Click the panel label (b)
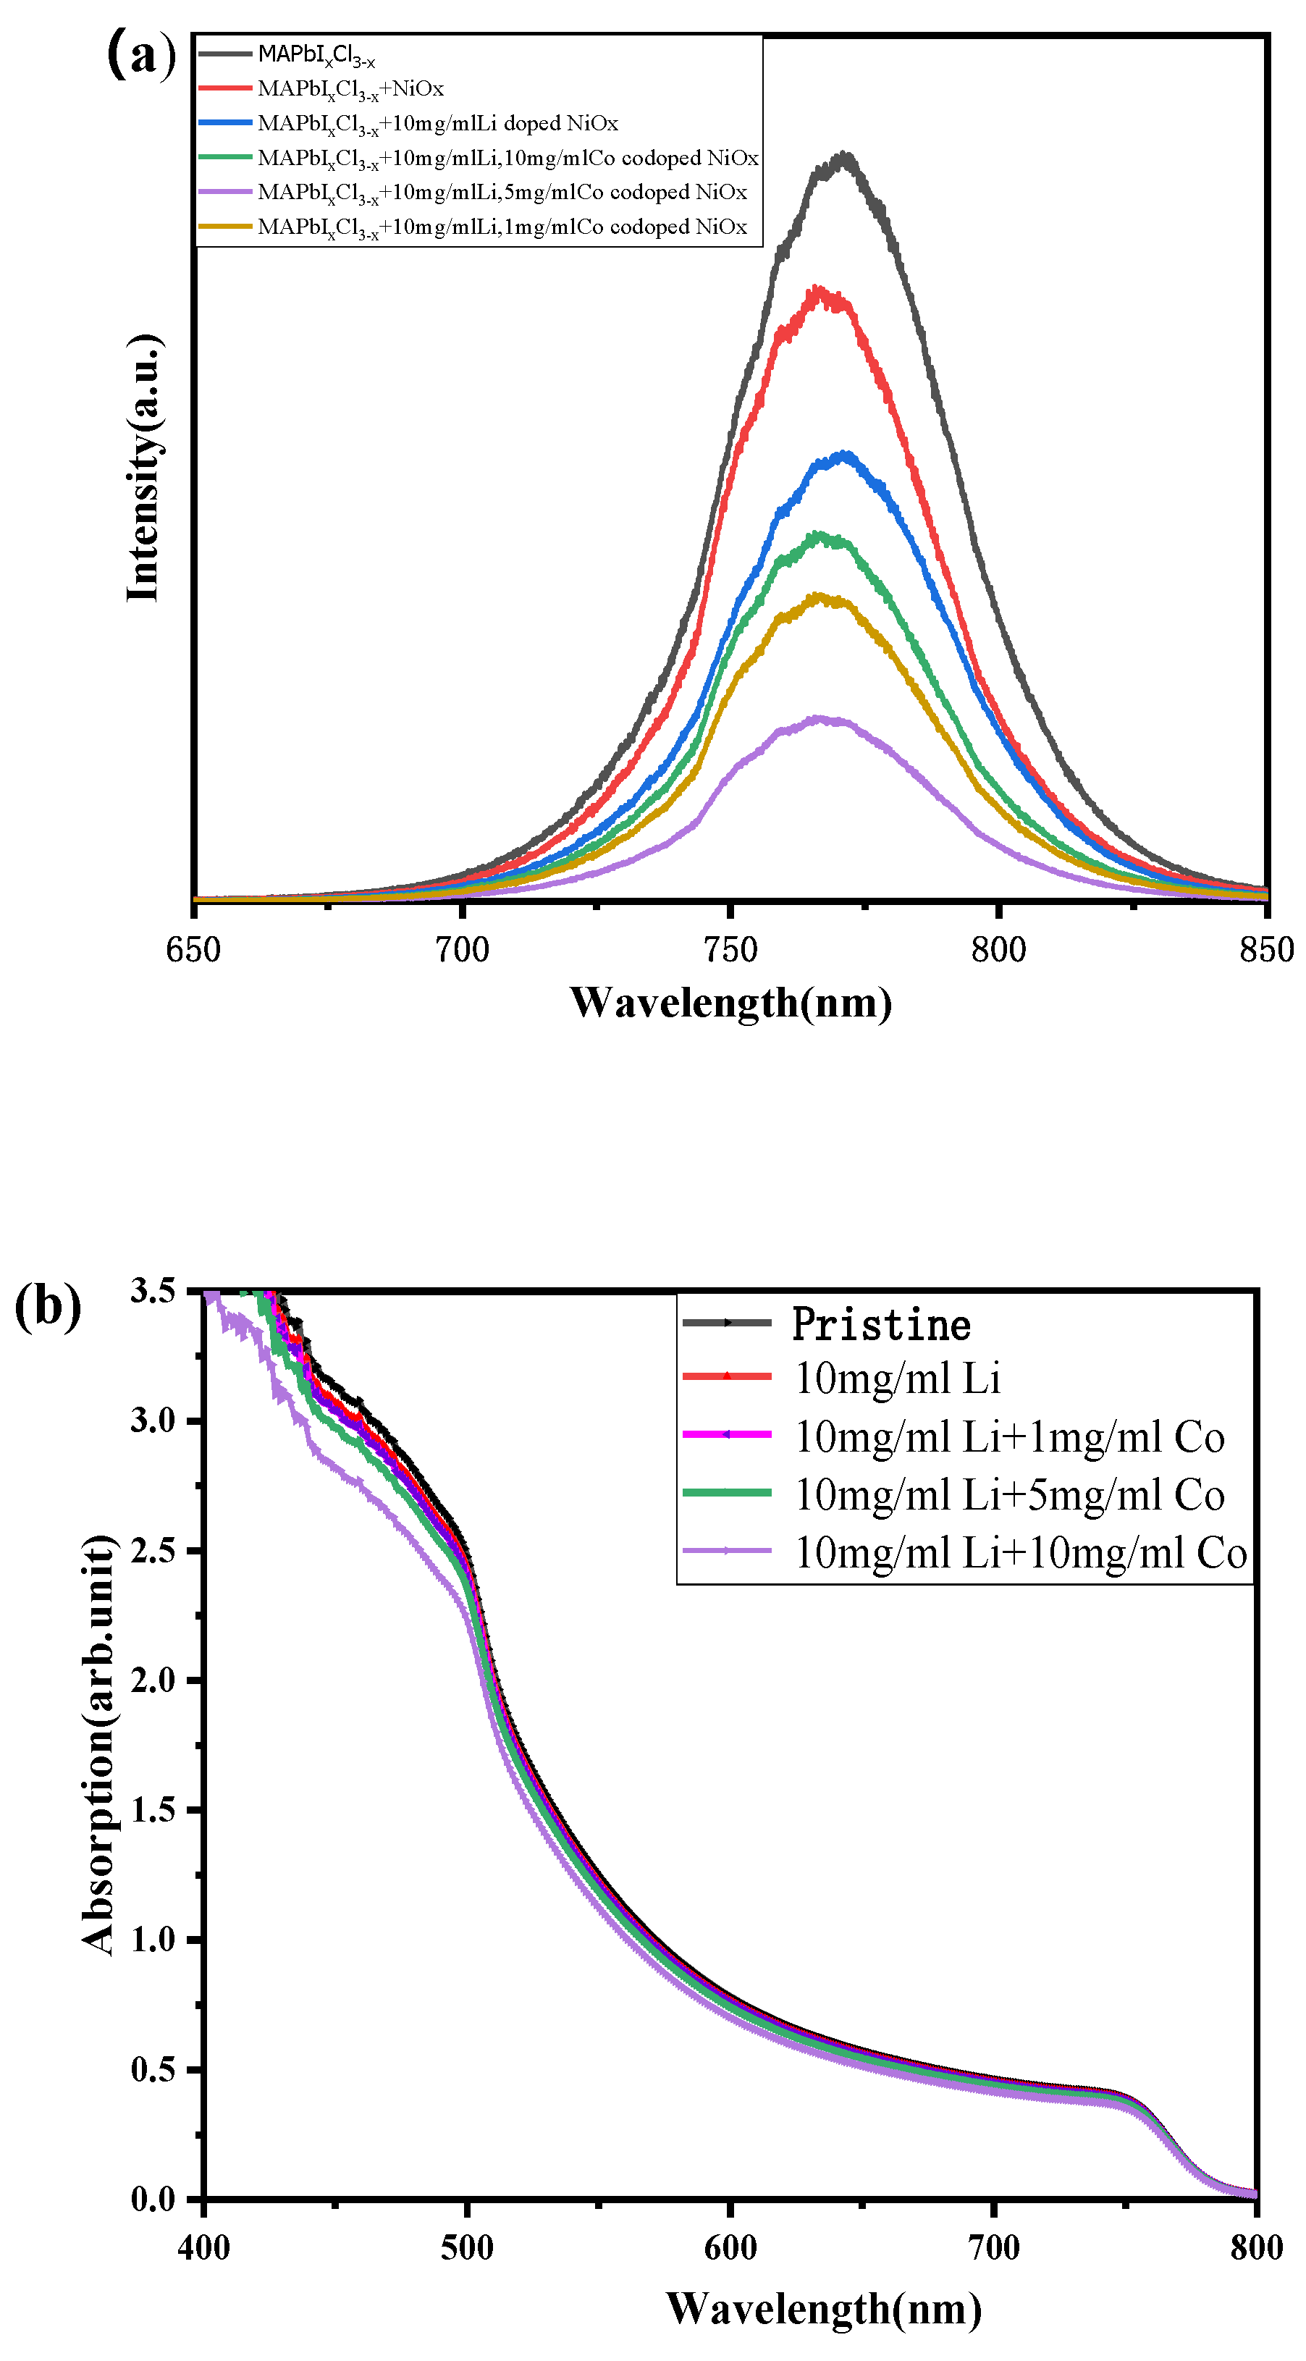(48, 1307)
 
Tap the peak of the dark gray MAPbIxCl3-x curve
(844, 158)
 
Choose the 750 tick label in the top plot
(730, 949)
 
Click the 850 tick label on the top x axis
(1265, 949)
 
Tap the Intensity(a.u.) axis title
(144, 468)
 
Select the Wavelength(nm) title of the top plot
(730, 1002)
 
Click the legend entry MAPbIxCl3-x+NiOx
(350, 89)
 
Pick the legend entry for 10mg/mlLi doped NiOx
(437, 123)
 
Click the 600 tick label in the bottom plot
(730, 2247)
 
